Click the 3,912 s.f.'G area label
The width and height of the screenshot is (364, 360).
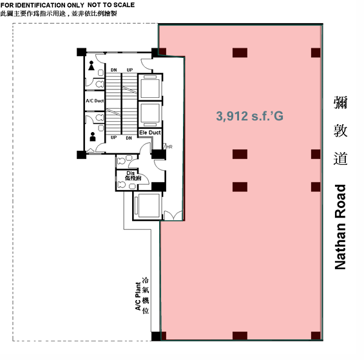point(249,116)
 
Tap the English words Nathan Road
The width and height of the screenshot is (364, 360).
point(340,227)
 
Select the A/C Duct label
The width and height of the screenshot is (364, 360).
point(95,100)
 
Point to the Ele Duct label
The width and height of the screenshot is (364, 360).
point(150,133)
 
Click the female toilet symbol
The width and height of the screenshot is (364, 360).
point(91,66)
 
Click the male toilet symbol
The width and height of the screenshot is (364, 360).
point(93,137)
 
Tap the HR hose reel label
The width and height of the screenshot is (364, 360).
point(169,147)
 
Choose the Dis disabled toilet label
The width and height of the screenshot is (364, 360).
point(131,173)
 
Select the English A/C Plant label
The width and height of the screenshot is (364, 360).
point(138,296)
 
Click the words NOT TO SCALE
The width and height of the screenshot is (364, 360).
point(111,5)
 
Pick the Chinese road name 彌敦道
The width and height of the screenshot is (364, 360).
point(340,131)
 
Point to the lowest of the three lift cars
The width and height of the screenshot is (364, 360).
point(148,205)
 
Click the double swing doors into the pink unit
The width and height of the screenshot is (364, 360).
point(173,215)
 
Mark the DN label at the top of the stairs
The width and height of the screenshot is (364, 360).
point(114,70)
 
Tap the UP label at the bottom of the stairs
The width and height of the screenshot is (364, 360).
point(113,138)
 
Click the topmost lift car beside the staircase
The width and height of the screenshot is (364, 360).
point(150,87)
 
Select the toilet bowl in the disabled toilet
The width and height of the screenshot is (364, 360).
point(122,185)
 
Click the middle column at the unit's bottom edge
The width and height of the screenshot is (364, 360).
point(240,336)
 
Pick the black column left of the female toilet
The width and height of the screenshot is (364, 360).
point(81,52)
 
